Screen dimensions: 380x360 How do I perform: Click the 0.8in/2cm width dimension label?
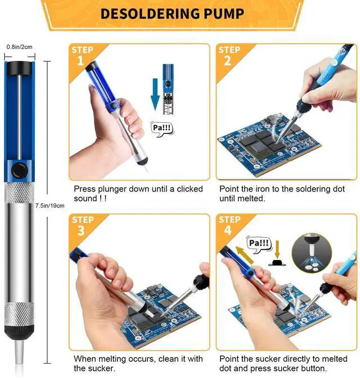[x=18, y=47]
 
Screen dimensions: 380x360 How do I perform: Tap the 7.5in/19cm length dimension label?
[x=49, y=206]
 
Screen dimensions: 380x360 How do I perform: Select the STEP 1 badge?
[x=82, y=56]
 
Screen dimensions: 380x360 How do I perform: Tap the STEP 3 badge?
[x=82, y=226]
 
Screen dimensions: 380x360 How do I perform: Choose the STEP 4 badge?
[x=229, y=226]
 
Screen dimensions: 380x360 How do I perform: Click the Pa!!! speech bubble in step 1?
[x=162, y=128]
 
